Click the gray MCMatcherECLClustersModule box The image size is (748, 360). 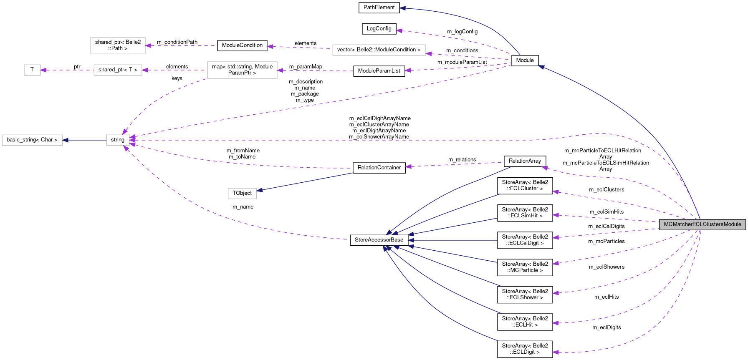tap(702, 224)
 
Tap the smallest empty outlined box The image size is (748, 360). tap(32, 70)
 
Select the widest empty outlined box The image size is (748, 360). tap(379, 50)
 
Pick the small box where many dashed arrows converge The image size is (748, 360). tap(118, 140)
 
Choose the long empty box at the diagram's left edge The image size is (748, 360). tap(32, 140)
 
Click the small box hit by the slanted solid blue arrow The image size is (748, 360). tap(242, 194)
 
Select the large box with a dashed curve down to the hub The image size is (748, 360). tap(242, 70)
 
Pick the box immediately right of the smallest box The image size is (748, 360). tap(118, 70)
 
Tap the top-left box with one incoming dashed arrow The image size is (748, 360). tap(118, 45)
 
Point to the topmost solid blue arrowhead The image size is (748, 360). tap(402, 8)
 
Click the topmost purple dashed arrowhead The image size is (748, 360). tap(399, 31)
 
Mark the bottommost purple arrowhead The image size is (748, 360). tap(555, 352)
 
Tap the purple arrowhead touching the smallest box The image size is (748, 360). tap(43, 70)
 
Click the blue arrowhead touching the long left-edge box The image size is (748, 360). tap(66, 140)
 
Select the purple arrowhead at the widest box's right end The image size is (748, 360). tap(429, 53)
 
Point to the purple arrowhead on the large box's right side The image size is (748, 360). tap(280, 70)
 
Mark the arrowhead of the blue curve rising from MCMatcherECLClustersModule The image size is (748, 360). tap(541, 67)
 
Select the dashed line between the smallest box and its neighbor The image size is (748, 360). tap(67, 70)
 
